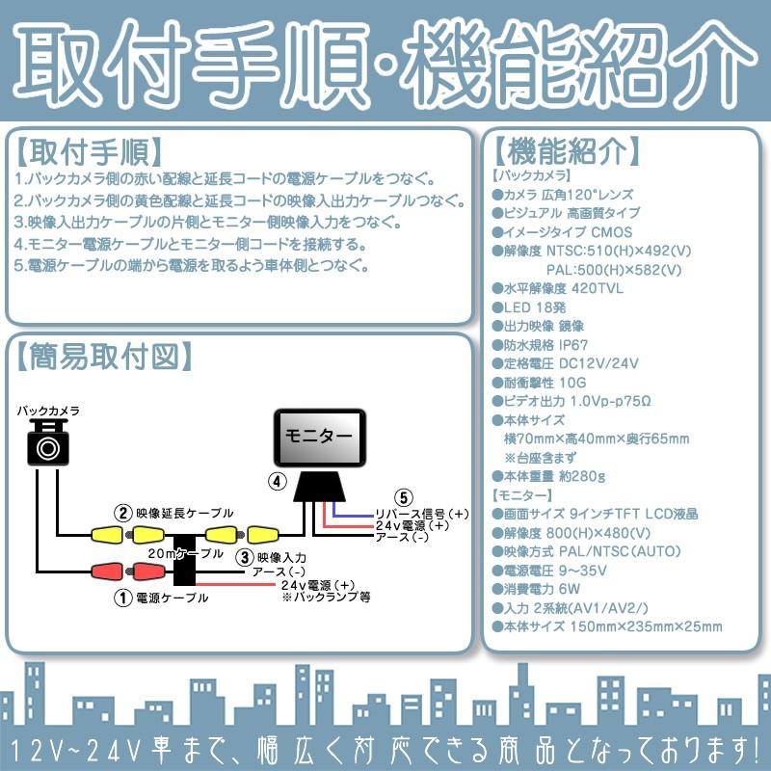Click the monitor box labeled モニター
click(x=320, y=437)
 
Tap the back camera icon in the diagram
click(x=48, y=445)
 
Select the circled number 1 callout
click(x=122, y=598)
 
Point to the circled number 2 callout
click(x=122, y=512)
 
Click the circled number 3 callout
click(x=245, y=556)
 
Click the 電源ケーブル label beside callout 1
click(x=174, y=598)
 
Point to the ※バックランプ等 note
click(x=327, y=598)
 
